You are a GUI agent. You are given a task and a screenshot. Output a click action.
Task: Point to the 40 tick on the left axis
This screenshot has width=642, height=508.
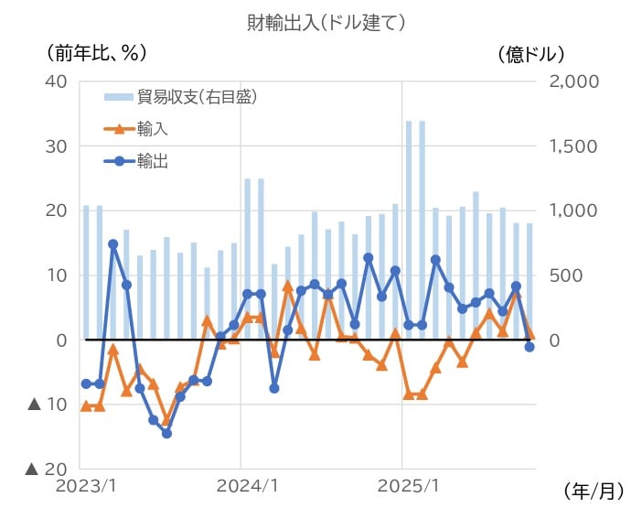(57, 81)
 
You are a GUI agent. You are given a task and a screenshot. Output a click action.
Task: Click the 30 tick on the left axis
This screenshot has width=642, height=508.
(57, 146)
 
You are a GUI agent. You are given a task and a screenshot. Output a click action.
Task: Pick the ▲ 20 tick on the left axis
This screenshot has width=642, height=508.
(48, 470)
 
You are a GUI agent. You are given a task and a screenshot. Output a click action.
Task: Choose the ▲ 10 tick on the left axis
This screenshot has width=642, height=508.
(48, 405)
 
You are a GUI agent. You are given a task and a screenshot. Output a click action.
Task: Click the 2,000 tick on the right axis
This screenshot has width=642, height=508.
(574, 81)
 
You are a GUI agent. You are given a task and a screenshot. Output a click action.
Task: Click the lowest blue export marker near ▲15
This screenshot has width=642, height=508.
(166, 433)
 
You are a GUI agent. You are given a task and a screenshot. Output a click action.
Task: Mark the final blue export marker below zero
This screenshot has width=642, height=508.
(530, 347)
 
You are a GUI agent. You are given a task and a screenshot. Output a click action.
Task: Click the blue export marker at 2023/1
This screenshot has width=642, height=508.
(86, 384)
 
